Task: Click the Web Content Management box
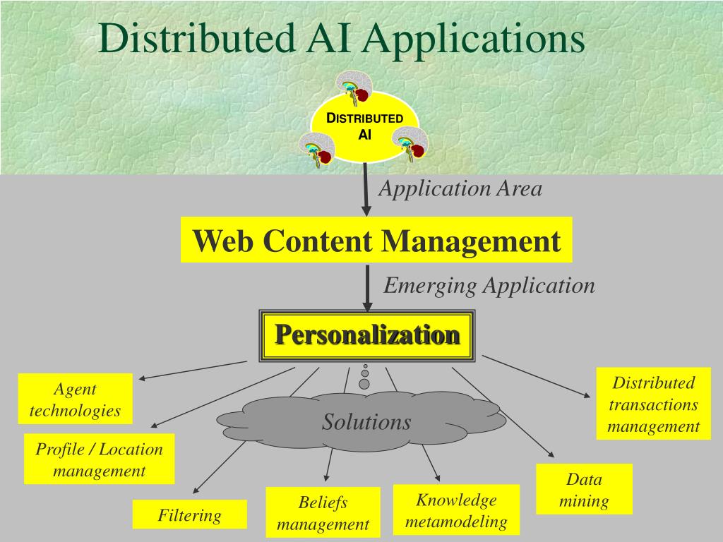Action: [376, 241]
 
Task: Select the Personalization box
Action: [367, 335]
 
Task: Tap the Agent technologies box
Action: [75, 399]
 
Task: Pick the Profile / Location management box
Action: [99, 459]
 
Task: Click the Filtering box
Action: [189, 515]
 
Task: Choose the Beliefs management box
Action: [323, 513]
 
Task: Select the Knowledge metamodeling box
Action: [456, 510]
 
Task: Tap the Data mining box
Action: [584, 490]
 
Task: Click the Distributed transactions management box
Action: [653, 404]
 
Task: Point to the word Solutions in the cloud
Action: [366, 422]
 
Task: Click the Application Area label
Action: [460, 189]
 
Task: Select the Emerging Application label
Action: [489, 286]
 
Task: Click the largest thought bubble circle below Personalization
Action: [364, 384]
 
